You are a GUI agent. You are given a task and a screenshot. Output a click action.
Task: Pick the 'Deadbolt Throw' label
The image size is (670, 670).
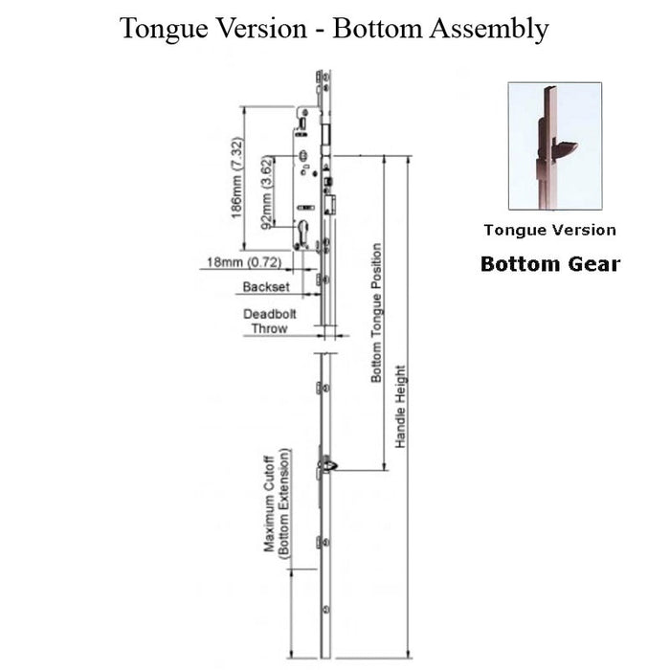click(268, 321)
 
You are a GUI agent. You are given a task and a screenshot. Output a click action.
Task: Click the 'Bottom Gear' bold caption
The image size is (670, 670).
click(549, 263)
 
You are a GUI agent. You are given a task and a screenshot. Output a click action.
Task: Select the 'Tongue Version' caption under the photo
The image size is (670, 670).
click(549, 230)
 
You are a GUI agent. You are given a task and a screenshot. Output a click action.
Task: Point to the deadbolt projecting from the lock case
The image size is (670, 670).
click(330, 205)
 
